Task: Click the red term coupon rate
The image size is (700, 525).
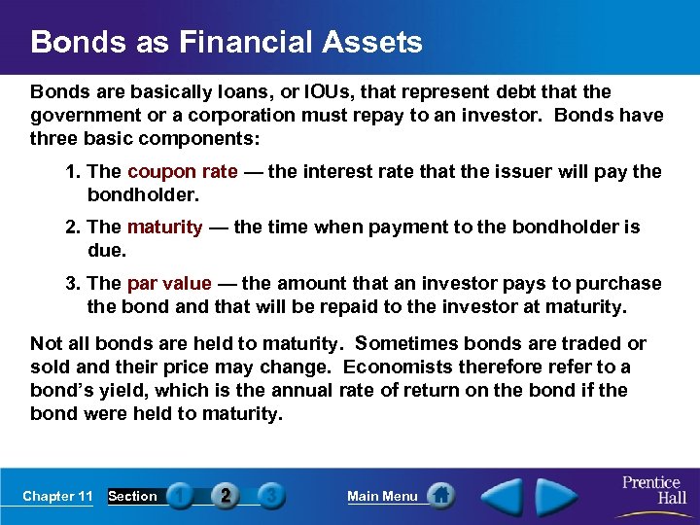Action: coord(182,172)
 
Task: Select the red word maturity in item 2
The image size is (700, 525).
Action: coord(164,227)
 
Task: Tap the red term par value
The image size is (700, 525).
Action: coord(168,284)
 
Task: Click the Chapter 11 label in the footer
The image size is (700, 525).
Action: coord(57,497)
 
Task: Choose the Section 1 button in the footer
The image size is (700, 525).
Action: coord(180,496)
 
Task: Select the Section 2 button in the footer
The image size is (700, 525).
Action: coord(226,496)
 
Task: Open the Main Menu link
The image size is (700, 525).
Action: coord(382,497)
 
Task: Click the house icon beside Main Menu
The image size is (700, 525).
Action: coord(440,496)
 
